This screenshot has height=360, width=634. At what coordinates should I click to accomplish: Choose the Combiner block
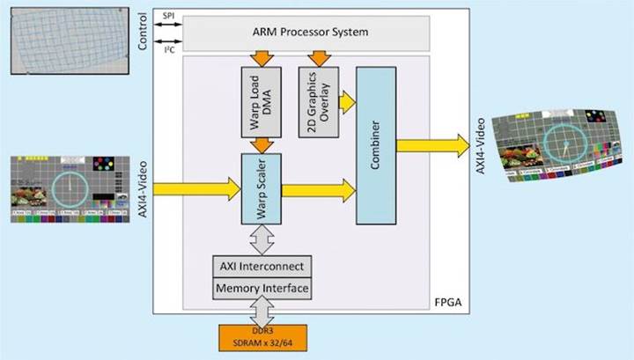coord(376,146)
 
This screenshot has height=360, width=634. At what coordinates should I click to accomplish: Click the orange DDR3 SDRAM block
coord(261,336)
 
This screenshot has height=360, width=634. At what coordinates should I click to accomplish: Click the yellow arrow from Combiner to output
coord(433,146)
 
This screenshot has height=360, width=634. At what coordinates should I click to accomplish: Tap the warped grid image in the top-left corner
coord(65,36)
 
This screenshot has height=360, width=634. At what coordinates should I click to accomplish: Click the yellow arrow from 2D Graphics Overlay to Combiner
coord(344,102)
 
